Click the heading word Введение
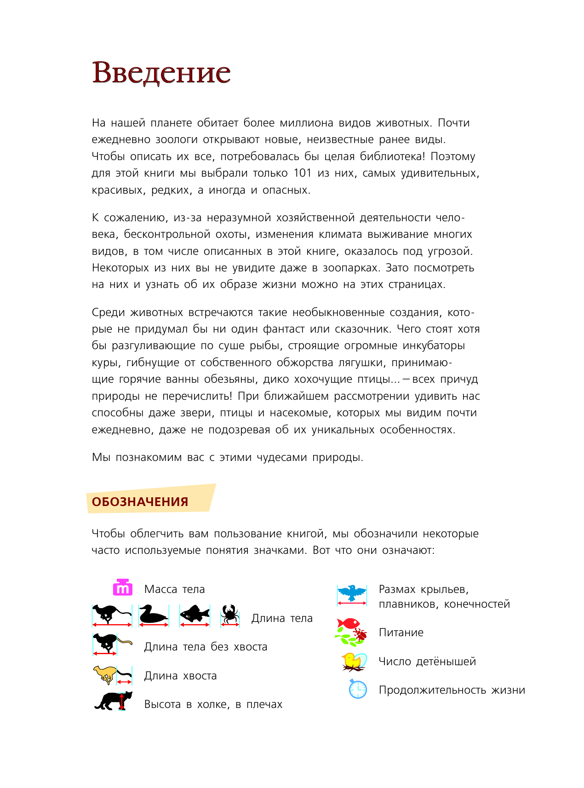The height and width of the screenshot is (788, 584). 161,73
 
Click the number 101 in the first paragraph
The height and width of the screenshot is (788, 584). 303,173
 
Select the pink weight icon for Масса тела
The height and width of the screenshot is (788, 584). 123,588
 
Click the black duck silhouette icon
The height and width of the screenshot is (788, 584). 153,615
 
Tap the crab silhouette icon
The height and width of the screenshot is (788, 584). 229,614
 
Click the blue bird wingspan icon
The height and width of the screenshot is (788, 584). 352,593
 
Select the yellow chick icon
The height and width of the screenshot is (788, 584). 353,661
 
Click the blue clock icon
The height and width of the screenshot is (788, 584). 358,690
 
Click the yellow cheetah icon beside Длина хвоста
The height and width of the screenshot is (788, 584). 105,674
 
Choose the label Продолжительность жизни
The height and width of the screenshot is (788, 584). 452,690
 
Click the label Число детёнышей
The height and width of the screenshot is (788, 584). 427,661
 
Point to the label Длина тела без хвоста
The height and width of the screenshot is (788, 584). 206,647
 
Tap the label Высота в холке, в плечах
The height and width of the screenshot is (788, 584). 213,704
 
